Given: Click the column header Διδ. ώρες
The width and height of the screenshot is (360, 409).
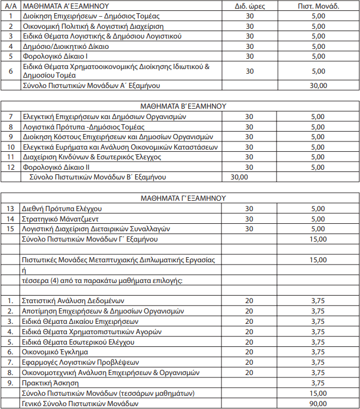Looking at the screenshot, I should (x=249, y=6).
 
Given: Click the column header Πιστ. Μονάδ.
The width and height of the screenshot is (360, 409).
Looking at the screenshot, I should (x=317, y=6).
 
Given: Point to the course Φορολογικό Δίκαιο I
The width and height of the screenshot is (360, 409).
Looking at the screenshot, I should (x=56, y=56).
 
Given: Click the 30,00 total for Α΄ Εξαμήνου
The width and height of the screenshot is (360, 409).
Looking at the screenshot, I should (x=318, y=85).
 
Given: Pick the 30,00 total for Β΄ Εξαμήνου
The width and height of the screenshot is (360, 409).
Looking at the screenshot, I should (x=239, y=177).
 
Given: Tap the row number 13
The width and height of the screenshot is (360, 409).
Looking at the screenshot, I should (x=10, y=209).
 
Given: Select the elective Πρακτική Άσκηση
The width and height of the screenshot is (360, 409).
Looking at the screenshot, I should (x=52, y=383).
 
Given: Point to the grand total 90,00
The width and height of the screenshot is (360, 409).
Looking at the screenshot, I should (x=318, y=403).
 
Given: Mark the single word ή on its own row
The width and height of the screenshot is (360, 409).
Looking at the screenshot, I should (x=24, y=270).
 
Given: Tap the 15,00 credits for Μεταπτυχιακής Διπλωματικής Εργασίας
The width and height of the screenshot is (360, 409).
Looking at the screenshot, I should (x=318, y=260).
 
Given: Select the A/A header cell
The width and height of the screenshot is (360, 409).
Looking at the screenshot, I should (x=10, y=6).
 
